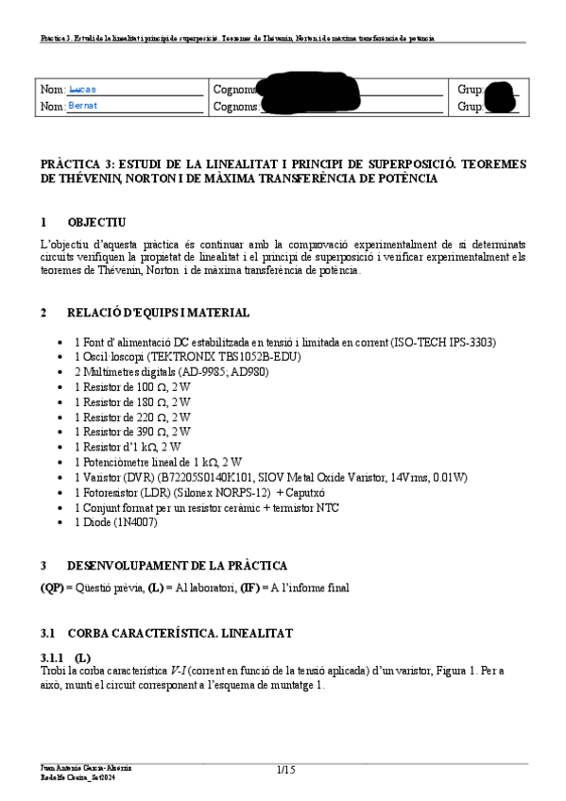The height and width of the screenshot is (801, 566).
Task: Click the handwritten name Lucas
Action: [x=83, y=89]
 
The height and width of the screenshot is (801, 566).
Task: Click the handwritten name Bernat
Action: [x=83, y=106]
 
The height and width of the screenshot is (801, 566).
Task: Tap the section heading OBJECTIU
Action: [x=96, y=223]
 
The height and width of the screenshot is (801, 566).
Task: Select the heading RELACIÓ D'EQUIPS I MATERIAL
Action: [x=159, y=313]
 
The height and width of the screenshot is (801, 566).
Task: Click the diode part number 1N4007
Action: [x=136, y=521]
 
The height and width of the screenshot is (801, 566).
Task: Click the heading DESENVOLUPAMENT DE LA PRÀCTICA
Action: [x=178, y=566]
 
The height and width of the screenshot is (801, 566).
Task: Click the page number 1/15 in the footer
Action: [x=286, y=771]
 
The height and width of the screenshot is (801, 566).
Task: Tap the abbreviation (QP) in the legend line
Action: [x=52, y=588]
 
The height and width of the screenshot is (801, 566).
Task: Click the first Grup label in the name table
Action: [x=470, y=90]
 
